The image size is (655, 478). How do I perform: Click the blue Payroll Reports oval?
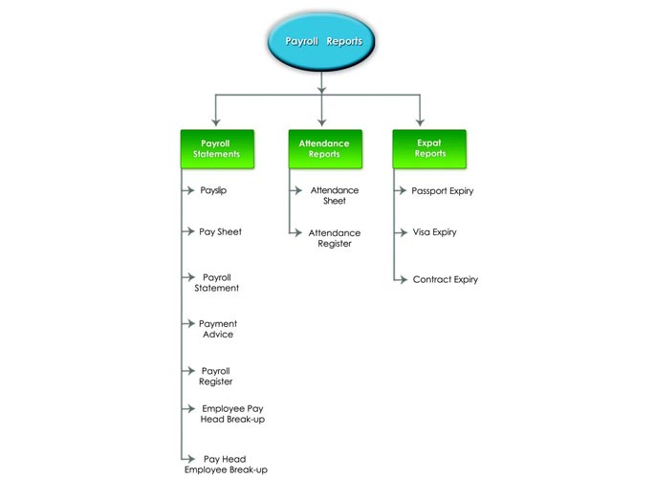[x=321, y=41]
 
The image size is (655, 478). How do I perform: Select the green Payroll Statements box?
[x=217, y=149]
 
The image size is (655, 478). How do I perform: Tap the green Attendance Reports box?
[x=325, y=149]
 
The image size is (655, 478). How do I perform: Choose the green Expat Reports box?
[x=429, y=149]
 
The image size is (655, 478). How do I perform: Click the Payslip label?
[x=213, y=191]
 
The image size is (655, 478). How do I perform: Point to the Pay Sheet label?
[x=221, y=231]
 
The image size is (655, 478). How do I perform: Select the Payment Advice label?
[x=218, y=329]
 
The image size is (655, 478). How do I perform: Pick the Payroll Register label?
[x=216, y=376]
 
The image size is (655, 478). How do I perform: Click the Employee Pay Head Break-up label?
[x=232, y=414]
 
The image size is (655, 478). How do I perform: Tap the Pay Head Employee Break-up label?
[x=226, y=465]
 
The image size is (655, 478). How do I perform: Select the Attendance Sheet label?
[x=335, y=195]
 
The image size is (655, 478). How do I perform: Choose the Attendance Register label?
[x=335, y=238]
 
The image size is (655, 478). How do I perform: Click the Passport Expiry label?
[x=443, y=191]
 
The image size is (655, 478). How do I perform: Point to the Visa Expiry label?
[x=435, y=232]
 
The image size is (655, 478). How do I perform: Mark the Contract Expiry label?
[x=446, y=279]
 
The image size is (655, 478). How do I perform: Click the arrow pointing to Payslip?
[x=188, y=190]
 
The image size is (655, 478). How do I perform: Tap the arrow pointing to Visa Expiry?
[x=401, y=232]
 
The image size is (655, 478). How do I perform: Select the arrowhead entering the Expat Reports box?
[x=420, y=122]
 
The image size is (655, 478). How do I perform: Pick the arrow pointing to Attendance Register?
[x=295, y=232]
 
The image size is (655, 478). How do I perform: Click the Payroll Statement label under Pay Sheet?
[x=217, y=283]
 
